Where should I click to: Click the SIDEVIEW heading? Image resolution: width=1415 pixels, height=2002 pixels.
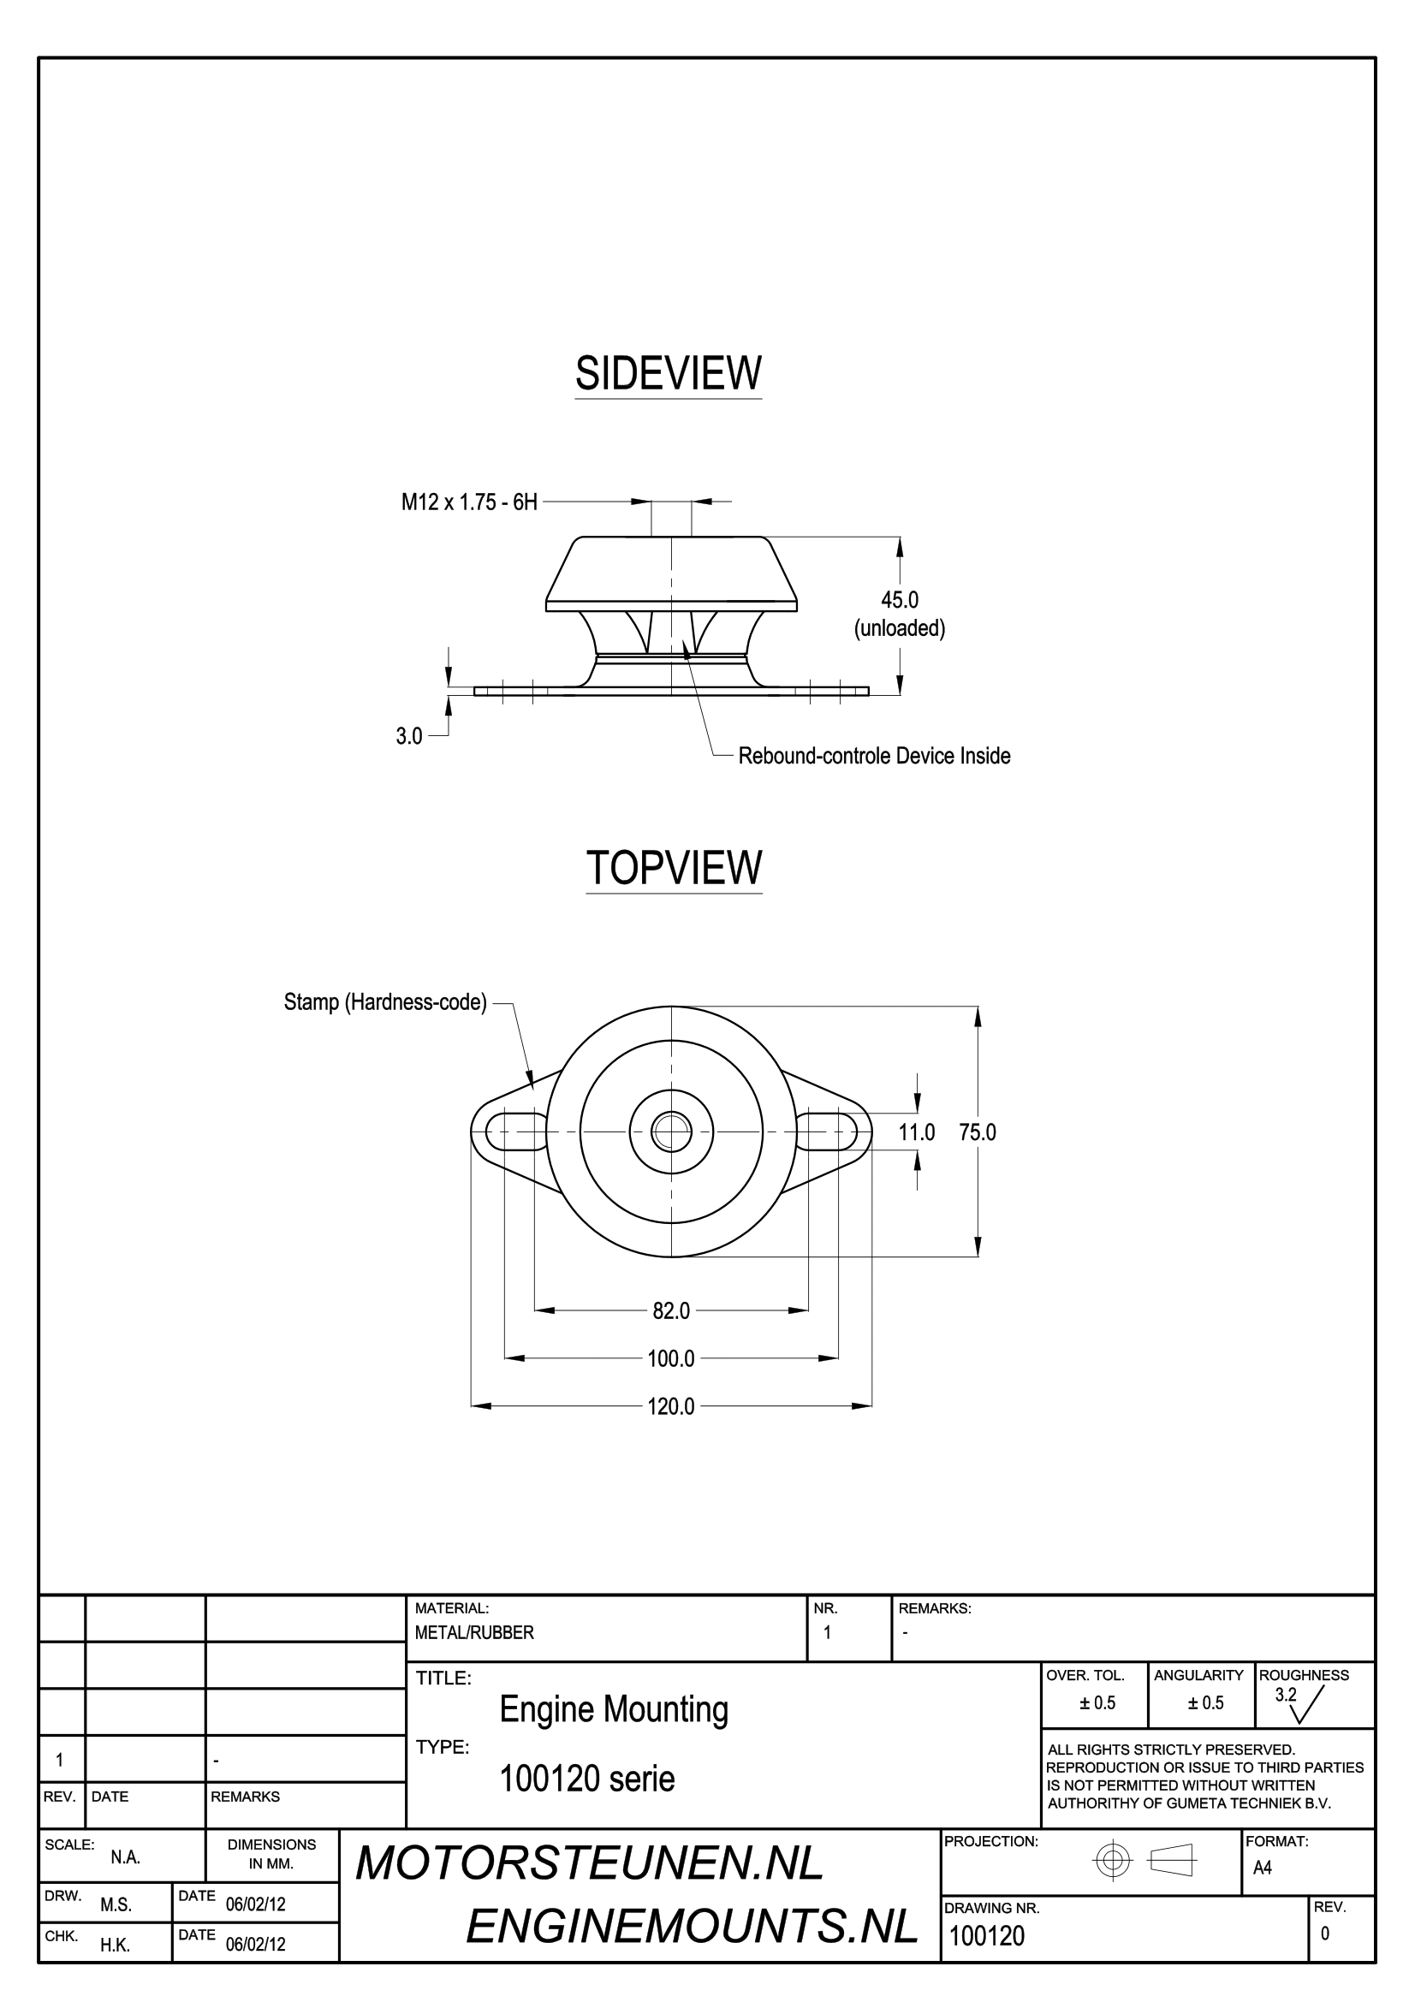click(x=668, y=373)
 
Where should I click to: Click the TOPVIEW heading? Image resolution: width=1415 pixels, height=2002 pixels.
click(x=674, y=868)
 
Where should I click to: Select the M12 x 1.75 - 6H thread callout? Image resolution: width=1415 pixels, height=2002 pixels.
click(x=469, y=502)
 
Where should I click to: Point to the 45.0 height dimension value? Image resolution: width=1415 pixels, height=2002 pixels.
click(x=900, y=600)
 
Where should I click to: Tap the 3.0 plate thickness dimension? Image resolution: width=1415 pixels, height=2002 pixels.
click(x=409, y=736)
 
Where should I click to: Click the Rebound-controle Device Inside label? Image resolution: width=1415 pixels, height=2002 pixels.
click(x=875, y=755)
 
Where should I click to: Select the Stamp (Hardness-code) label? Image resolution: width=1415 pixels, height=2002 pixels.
click(x=385, y=1002)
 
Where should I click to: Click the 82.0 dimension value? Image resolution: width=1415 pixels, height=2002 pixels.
click(x=671, y=1310)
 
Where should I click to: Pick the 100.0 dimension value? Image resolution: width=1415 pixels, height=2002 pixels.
click(x=671, y=1358)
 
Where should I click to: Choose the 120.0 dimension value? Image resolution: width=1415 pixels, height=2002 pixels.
click(x=671, y=1406)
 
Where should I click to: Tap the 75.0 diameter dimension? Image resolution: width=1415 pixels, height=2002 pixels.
click(x=978, y=1132)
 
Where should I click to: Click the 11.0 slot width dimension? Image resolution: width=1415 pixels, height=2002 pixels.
click(x=917, y=1132)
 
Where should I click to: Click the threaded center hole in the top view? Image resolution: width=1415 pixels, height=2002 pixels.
click(x=671, y=1132)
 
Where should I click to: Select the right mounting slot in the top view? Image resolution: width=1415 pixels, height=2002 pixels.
click(x=827, y=1132)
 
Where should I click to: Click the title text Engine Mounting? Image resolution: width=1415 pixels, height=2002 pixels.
click(x=614, y=1711)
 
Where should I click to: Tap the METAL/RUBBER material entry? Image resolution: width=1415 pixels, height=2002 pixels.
click(x=474, y=1633)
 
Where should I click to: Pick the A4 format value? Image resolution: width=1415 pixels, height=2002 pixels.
click(x=1263, y=1868)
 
